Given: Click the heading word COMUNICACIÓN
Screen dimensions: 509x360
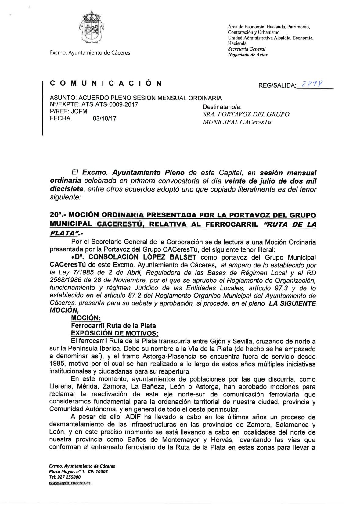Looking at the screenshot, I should click(x=106, y=83).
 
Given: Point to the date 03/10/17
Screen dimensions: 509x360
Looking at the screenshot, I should click(x=105, y=119).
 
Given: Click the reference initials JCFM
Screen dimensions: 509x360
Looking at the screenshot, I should click(x=80, y=112).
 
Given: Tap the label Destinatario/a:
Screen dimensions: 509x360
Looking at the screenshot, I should click(x=222, y=107).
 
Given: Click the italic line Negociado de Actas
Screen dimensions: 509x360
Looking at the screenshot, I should click(x=243, y=55).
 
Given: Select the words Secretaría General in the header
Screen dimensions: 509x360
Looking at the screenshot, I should click(x=247, y=49).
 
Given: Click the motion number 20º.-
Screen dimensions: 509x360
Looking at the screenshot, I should click(x=58, y=215).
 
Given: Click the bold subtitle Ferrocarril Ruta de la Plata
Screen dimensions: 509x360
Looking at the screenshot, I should click(x=113, y=325).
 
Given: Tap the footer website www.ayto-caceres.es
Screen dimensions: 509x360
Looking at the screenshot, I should click(x=70, y=483).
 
